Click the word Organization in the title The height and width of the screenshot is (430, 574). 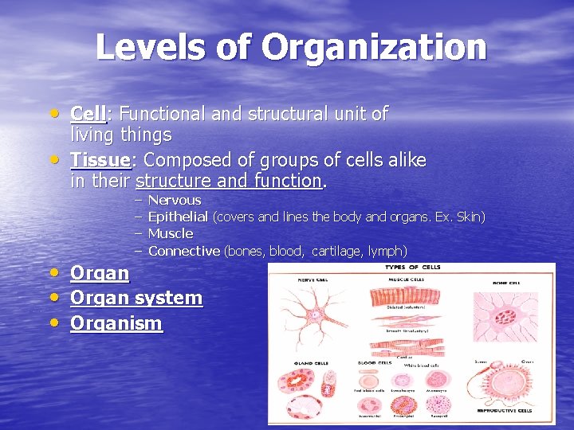tap(374, 47)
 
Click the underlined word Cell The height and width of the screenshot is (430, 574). tap(88, 114)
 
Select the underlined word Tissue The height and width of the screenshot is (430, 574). tap(100, 160)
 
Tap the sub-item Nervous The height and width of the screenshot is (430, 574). tap(175, 200)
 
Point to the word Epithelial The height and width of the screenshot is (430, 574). tap(178, 217)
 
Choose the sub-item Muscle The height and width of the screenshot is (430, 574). tap(171, 233)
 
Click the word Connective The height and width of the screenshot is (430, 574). tap(184, 251)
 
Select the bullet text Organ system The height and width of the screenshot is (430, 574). tap(136, 298)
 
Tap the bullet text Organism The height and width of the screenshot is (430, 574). tap(116, 323)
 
